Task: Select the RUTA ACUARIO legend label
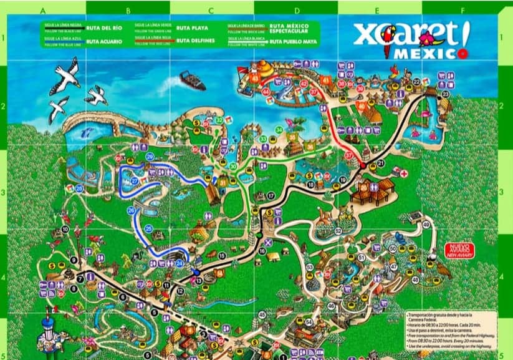(101, 41)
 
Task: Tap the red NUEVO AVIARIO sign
(459, 251)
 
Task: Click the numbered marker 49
(426, 225)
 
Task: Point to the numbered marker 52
(338, 231)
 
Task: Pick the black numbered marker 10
(65, 229)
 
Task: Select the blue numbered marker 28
(79, 188)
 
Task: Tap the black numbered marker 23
(445, 94)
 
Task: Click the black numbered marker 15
(222, 255)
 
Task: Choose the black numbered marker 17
(271, 196)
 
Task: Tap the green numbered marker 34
(279, 130)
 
